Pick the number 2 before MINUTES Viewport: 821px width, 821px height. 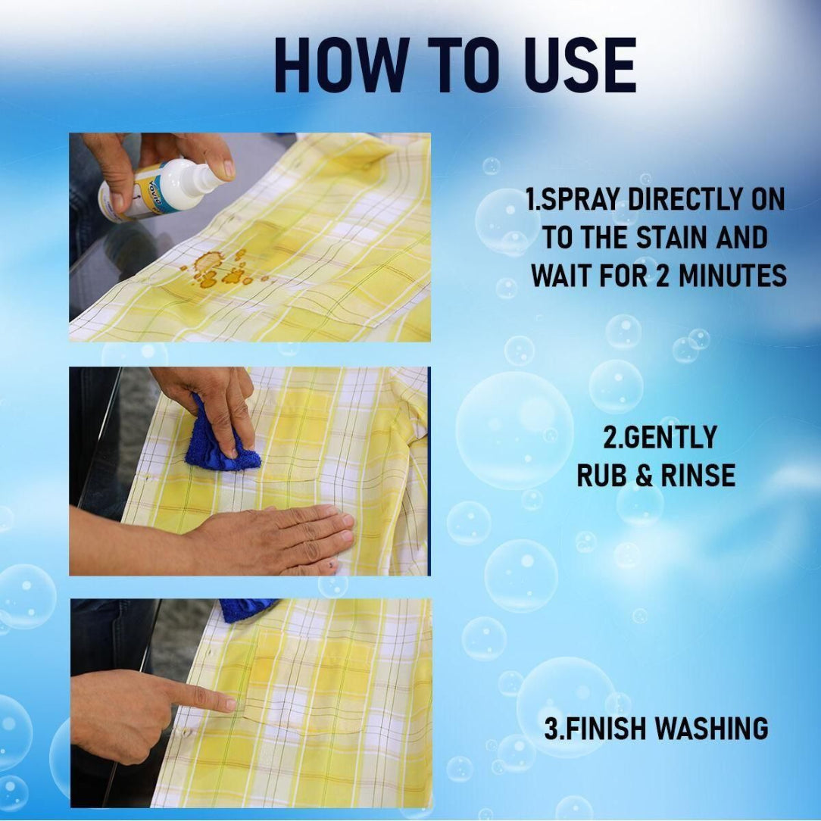point(663,276)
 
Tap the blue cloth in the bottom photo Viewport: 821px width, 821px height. point(246,609)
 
